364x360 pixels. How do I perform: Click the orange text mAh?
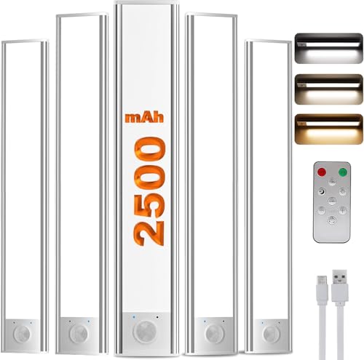click(x=144, y=116)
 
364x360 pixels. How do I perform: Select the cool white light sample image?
click(x=328, y=48)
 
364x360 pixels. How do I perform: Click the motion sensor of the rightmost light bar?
click(x=270, y=334)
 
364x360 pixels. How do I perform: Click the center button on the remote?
click(x=331, y=201)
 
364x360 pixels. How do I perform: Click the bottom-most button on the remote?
click(x=331, y=220)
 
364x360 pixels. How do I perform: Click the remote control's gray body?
click(x=331, y=233)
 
